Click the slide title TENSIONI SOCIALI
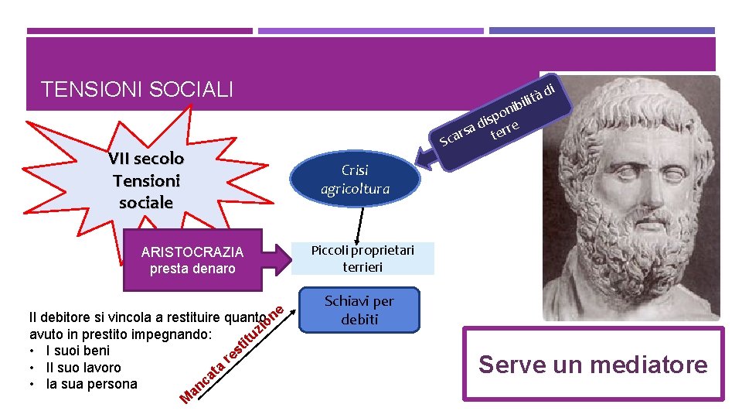(x=137, y=90)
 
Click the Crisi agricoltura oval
(x=356, y=180)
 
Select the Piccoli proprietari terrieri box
(x=362, y=259)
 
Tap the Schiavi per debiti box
(x=359, y=310)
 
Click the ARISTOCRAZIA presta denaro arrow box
(x=192, y=260)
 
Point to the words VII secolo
(x=146, y=159)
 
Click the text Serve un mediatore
(x=593, y=364)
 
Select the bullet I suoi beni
(x=78, y=351)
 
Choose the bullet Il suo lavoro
(x=83, y=367)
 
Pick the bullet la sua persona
(x=91, y=384)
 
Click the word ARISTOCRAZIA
(x=192, y=252)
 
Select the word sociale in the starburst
(x=146, y=203)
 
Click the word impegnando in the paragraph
(x=168, y=334)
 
